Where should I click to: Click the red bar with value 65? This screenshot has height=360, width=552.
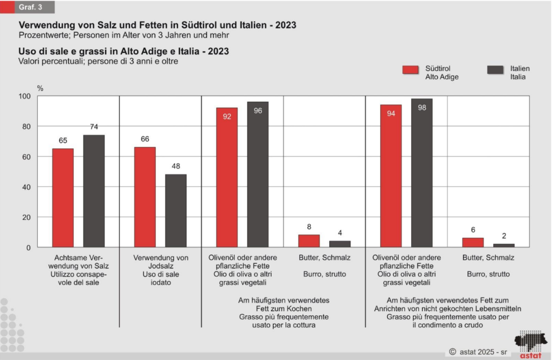tap(63, 198)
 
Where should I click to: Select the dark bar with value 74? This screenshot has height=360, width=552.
tap(94, 191)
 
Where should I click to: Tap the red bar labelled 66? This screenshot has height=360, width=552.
tap(145, 197)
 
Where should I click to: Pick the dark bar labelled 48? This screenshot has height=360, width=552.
tap(176, 211)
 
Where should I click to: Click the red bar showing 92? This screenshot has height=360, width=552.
tap(227, 177)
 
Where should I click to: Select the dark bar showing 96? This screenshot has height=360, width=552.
tap(258, 175)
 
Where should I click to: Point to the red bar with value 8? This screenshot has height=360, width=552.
tap(309, 241)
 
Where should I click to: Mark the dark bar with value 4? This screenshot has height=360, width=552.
tap(340, 244)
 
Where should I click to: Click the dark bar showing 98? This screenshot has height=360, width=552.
tap(422, 173)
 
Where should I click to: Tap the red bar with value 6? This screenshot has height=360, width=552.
tap(473, 243)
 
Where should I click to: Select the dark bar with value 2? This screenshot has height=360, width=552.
tap(503, 245)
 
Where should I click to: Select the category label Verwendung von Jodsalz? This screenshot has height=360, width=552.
tap(160, 266)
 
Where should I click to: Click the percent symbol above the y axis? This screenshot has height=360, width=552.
tap(40, 87)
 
